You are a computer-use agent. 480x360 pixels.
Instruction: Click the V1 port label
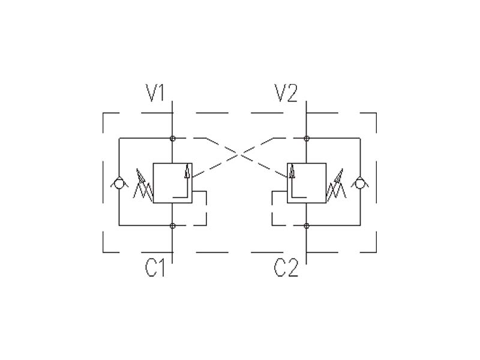(x=155, y=94)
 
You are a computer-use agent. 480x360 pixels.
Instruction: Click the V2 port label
(x=286, y=94)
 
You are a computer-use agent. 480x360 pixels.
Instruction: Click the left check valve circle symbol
(x=119, y=183)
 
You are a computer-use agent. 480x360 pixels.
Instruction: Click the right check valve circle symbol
(x=361, y=183)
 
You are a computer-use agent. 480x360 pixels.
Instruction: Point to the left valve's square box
(x=173, y=182)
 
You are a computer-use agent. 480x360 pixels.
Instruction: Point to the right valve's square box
(x=307, y=182)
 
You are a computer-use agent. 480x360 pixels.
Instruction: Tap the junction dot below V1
(x=173, y=139)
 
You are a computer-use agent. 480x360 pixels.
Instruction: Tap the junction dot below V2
(x=307, y=139)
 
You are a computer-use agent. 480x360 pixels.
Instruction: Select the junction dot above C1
(x=173, y=226)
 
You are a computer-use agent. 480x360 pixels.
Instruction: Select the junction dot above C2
(x=307, y=226)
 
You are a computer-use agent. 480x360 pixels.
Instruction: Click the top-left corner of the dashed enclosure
(x=104, y=113)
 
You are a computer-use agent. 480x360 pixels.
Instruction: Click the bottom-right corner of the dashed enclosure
(x=376, y=251)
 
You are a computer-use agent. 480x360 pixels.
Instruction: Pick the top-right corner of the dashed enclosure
(x=376, y=113)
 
